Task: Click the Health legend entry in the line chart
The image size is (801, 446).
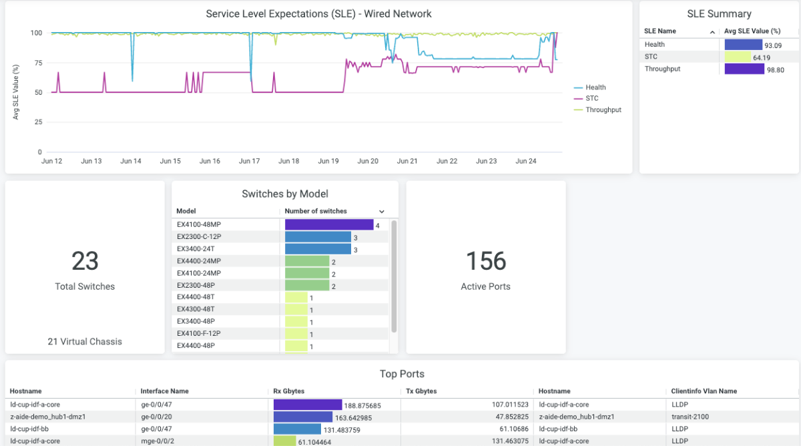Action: pos(595,87)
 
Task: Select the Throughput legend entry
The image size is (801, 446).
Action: pos(603,110)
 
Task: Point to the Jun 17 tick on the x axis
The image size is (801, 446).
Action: pos(249,161)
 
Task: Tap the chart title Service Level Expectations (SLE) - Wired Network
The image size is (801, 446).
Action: pos(318,14)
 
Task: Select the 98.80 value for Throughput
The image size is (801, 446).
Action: pos(774,69)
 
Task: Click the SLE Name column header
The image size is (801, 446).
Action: pos(660,31)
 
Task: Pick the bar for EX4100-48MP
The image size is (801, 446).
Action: pos(328,225)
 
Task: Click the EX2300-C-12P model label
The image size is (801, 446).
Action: pos(199,237)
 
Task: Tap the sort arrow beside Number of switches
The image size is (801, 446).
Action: pos(382,212)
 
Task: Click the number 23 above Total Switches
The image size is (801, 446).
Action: pos(85,261)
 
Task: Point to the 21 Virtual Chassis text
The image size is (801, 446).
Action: pos(85,342)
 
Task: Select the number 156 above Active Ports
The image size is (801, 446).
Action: pos(486,261)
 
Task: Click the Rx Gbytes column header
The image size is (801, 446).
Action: pos(290,391)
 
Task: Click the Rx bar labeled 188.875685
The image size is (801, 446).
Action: pos(308,405)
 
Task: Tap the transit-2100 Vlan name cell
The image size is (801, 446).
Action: pos(691,417)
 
